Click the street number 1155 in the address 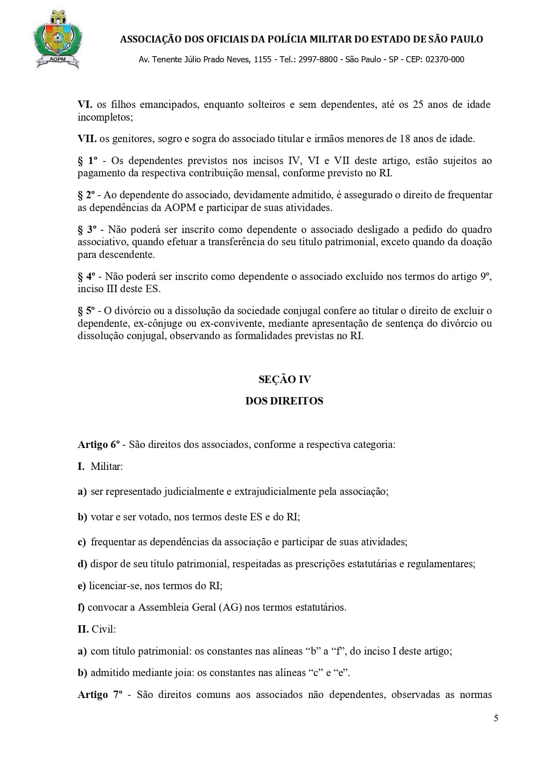tap(263, 60)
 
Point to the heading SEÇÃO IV tap(284, 380)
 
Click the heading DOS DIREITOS tap(284, 401)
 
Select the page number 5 tap(496, 718)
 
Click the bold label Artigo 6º tap(99, 444)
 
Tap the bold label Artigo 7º tap(100, 695)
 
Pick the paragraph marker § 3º tap(87, 229)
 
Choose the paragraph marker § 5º tap(86, 311)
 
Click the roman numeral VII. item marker tap(87, 139)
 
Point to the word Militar tap(107, 466)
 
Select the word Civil tap(103, 629)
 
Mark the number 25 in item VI tap(418, 105)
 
